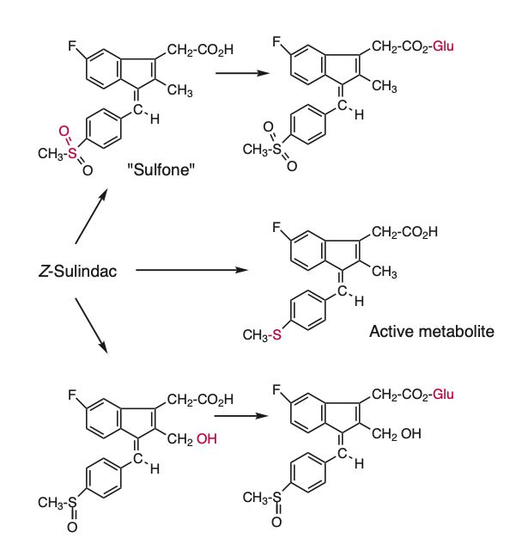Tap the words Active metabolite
coord(432,330)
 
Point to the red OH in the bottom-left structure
coord(207,439)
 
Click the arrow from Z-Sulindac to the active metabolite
coord(191,271)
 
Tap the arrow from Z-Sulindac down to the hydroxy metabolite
coord(91,325)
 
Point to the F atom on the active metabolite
coord(276,229)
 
